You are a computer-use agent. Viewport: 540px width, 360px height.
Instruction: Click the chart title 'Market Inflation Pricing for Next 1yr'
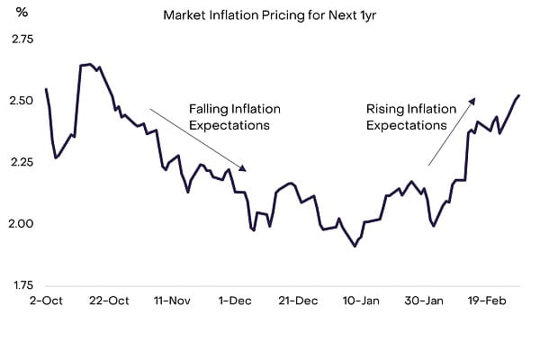pyautogui.click(x=270, y=15)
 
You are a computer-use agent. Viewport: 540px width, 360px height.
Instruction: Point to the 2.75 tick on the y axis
pyautogui.click(x=20, y=40)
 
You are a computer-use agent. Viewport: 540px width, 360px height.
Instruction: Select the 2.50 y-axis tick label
pyautogui.click(x=20, y=101)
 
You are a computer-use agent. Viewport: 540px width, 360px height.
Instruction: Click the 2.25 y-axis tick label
pyautogui.click(x=20, y=163)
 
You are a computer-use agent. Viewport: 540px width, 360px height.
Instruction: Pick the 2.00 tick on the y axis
pyautogui.click(x=20, y=224)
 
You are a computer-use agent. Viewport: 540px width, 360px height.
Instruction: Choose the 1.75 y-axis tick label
pyautogui.click(x=20, y=285)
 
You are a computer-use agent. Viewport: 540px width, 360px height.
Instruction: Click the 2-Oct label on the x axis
pyautogui.click(x=45, y=301)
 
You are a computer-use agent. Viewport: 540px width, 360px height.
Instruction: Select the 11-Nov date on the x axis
pyautogui.click(x=171, y=301)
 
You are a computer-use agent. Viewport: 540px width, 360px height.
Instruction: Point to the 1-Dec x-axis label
pyautogui.click(x=234, y=301)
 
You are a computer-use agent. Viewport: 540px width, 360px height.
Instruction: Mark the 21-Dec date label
pyautogui.click(x=297, y=301)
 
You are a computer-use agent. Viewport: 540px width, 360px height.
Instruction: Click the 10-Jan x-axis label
pyautogui.click(x=360, y=301)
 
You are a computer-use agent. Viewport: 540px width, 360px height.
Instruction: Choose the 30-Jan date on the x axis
pyautogui.click(x=423, y=301)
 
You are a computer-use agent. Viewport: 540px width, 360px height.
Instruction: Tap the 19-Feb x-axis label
pyautogui.click(x=486, y=301)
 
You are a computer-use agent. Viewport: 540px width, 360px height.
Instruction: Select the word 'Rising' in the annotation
pyautogui.click(x=385, y=109)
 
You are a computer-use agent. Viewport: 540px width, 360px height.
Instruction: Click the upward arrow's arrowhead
pyautogui.click(x=472, y=100)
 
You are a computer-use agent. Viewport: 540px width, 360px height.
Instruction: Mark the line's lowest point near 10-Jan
pyautogui.click(x=355, y=246)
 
